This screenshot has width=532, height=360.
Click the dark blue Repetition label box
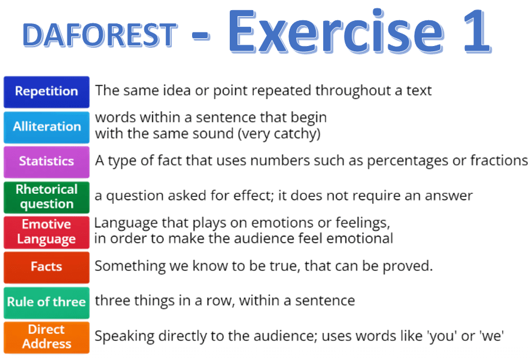point(47,92)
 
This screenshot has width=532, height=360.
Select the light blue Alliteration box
point(47,127)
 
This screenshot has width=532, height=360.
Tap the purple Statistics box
point(47,162)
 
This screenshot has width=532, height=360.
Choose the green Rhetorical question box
point(47,197)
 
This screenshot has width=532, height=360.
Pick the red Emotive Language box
point(47,233)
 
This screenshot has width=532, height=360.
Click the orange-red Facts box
point(47,267)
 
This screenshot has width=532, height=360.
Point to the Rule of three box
point(47,303)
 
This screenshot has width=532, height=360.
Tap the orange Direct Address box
point(47,338)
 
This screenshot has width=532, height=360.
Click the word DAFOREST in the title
point(100,35)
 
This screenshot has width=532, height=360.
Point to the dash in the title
point(200,36)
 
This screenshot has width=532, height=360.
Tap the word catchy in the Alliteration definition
point(297,134)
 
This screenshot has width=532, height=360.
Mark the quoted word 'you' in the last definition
point(441,336)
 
